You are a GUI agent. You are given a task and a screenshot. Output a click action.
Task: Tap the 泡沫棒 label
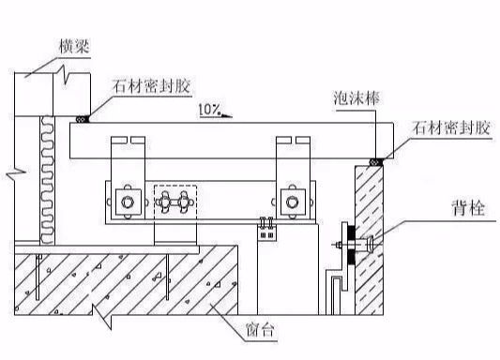tap(356, 97)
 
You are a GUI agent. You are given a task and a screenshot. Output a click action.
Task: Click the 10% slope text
tap(210, 110)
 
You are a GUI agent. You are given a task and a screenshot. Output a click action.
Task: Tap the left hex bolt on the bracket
tap(124, 199)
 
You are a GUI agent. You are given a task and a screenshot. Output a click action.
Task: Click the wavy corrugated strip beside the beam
tap(41, 173)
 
